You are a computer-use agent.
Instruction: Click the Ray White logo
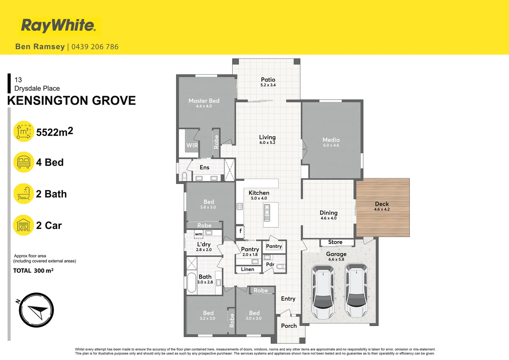pyautogui.click(x=59, y=26)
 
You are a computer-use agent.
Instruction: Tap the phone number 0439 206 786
pyautogui.click(x=95, y=47)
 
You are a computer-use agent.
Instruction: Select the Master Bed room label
pyautogui.click(x=204, y=101)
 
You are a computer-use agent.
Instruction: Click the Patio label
pyautogui.click(x=268, y=80)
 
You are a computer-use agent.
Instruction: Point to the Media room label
pyautogui.click(x=331, y=140)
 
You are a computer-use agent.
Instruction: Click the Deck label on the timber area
pyautogui.click(x=382, y=204)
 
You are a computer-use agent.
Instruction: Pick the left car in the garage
pyautogui.click(x=323, y=291)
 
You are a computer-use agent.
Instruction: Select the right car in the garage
pyautogui.click(x=356, y=290)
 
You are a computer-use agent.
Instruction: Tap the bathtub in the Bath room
pyautogui.click(x=192, y=283)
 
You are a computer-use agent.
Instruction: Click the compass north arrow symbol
pyautogui.click(x=36, y=310)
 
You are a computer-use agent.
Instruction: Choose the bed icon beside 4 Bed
pyautogui.click(x=24, y=162)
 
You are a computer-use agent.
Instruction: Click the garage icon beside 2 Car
pyautogui.click(x=24, y=225)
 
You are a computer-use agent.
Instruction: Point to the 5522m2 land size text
pyautogui.click(x=55, y=132)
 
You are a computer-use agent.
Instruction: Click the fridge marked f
pyautogui.click(x=240, y=231)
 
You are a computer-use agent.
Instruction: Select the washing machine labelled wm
pyautogui.click(x=199, y=234)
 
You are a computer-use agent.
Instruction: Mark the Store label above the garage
pyautogui.click(x=335, y=242)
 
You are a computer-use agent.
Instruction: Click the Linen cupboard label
pyautogui.click(x=248, y=269)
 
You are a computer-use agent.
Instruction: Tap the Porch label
pyautogui.click(x=289, y=326)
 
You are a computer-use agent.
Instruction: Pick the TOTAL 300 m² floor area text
pyautogui.click(x=33, y=271)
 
